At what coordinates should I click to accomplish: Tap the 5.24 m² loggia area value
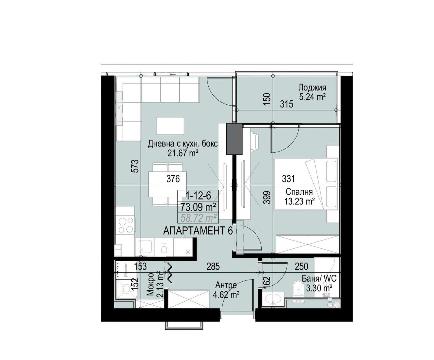[x=312, y=97]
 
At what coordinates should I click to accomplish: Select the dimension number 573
[x=135, y=166]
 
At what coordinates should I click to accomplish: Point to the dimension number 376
[x=173, y=179]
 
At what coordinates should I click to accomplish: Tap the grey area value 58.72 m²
[x=198, y=218]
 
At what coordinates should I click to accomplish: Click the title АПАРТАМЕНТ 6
[x=198, y=231]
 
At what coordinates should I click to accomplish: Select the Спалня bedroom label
[x=299, y=192]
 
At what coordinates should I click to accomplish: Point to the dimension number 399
[x=267, y=197]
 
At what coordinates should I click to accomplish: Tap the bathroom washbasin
[x=273, y=299]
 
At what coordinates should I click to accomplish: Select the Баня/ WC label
[x=319, y=279]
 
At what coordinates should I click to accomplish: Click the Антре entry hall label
[x=226, y=285]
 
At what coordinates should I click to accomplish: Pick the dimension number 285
[x=213, y=267]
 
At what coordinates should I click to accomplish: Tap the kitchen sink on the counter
[x=145, y=247]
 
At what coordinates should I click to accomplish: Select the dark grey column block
[x=234, y=139]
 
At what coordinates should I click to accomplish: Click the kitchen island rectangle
[x=170, y=126]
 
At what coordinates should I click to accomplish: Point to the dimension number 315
[x=286, y=104]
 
